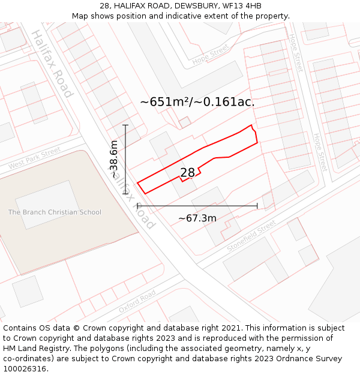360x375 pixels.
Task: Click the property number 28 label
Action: point(188,173)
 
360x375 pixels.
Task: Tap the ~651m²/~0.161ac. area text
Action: point(197,102)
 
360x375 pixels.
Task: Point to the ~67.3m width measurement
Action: point(197,218)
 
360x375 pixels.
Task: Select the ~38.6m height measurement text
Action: point(113,159)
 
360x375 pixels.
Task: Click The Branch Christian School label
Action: point(55,212)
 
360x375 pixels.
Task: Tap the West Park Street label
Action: point(35,158)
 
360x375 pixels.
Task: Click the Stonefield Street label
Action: point(251,236)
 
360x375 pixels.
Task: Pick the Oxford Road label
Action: point(137,301)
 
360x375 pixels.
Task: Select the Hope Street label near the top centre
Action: point(211,55)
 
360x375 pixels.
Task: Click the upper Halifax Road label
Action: point(52,64)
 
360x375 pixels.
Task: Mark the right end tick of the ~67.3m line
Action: point(257,206)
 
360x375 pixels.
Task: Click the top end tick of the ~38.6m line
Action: point(125,125)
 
